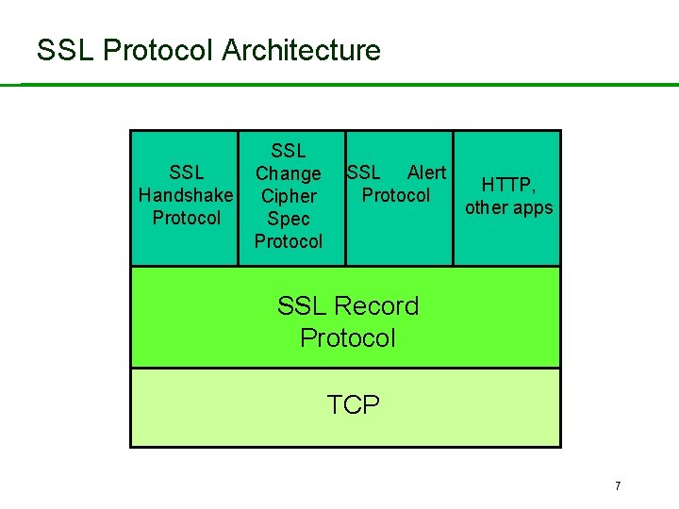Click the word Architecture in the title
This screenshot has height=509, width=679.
[x=302, y=50]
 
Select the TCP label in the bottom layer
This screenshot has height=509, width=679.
[x=353, y=405]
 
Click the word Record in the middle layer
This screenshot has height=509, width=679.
[x=375, y=305]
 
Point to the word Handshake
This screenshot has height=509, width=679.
[x=186, y=195]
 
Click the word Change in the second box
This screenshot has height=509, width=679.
[x=289, y=173]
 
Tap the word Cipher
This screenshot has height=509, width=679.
[x=289, y=196]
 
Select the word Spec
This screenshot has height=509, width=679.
[x=289, y=219]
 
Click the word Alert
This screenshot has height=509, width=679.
[x=426, y=172]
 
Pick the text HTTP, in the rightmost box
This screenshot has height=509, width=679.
[x=509, y=185]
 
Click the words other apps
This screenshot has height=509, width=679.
[x=509, y=207]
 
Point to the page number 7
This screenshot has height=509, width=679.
[x=618, y=486]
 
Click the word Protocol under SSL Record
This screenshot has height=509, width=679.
[x=348, y=337]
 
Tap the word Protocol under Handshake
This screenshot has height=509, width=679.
[x=186, y=218]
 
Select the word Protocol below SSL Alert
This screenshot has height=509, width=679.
[x=396, y=195]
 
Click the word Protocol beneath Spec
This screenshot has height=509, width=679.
[x=289, y=241]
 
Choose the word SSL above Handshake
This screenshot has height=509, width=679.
[x=186, y=172]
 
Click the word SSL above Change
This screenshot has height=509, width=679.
[x=289, y=151]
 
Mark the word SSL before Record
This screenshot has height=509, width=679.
[x=300, y=305]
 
